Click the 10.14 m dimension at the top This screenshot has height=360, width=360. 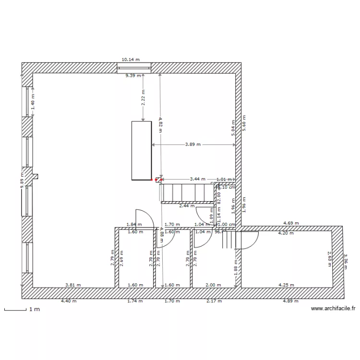click(130, 60)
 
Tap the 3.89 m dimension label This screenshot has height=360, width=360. click(193, 144)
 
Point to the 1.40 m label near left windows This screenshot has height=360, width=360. click(33, 102)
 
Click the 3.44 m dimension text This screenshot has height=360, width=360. click(197, 179)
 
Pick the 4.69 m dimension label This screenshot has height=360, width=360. click(291, 223)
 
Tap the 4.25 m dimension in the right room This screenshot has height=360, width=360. click(287, 285)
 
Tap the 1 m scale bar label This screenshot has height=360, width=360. click(34, 310)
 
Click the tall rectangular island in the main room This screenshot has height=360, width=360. click(142, 151)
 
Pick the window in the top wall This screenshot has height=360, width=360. click(135, 68)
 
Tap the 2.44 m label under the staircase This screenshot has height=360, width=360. click(187, 206)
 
